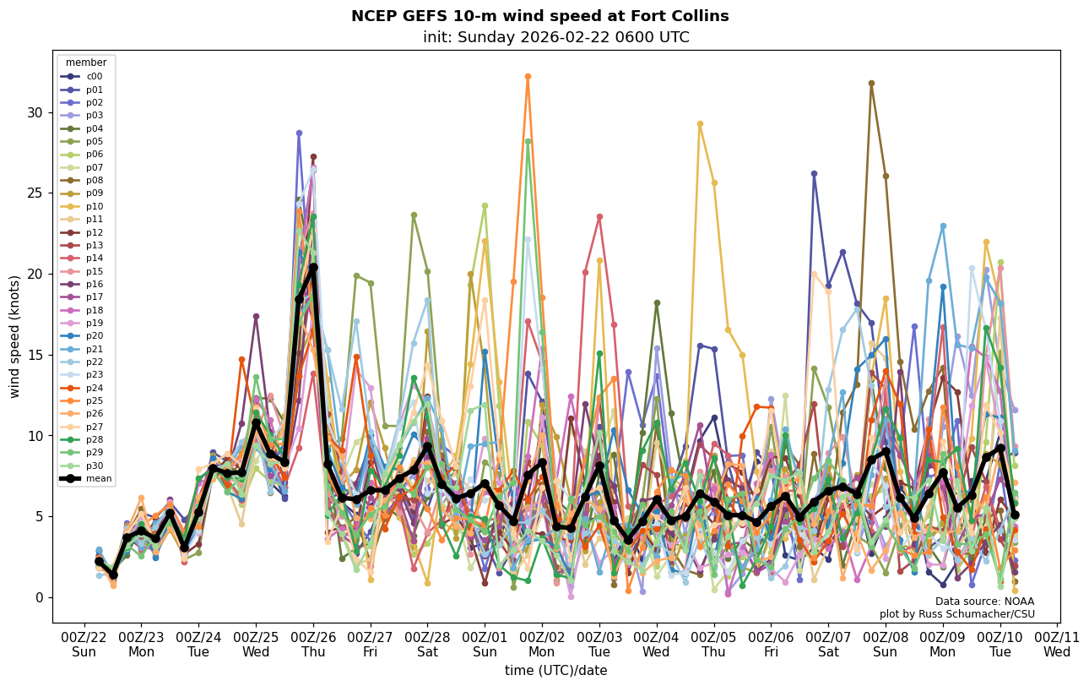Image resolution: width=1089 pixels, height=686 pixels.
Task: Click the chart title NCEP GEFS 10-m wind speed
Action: pos(539,16)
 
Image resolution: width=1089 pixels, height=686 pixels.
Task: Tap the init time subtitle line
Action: pos(555,37)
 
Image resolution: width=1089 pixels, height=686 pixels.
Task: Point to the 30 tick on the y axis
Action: pos(38,112)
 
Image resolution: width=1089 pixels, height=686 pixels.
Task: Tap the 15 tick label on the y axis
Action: pos(38,355)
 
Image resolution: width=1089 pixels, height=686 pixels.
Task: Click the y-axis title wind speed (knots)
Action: pos(14,336)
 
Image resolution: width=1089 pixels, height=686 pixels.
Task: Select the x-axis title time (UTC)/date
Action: pos(555,671)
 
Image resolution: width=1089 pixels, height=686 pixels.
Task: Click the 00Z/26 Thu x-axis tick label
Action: pos(313,644)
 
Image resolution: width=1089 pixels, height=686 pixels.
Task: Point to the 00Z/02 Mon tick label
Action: pos(542,644)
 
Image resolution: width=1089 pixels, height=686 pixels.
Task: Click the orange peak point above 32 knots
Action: pos(528,76)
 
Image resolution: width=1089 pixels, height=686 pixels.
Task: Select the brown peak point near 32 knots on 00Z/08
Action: pos(871,83)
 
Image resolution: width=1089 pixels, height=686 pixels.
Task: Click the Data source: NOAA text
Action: pos(984,602)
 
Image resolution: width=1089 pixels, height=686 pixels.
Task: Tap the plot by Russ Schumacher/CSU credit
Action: pos(956,614)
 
